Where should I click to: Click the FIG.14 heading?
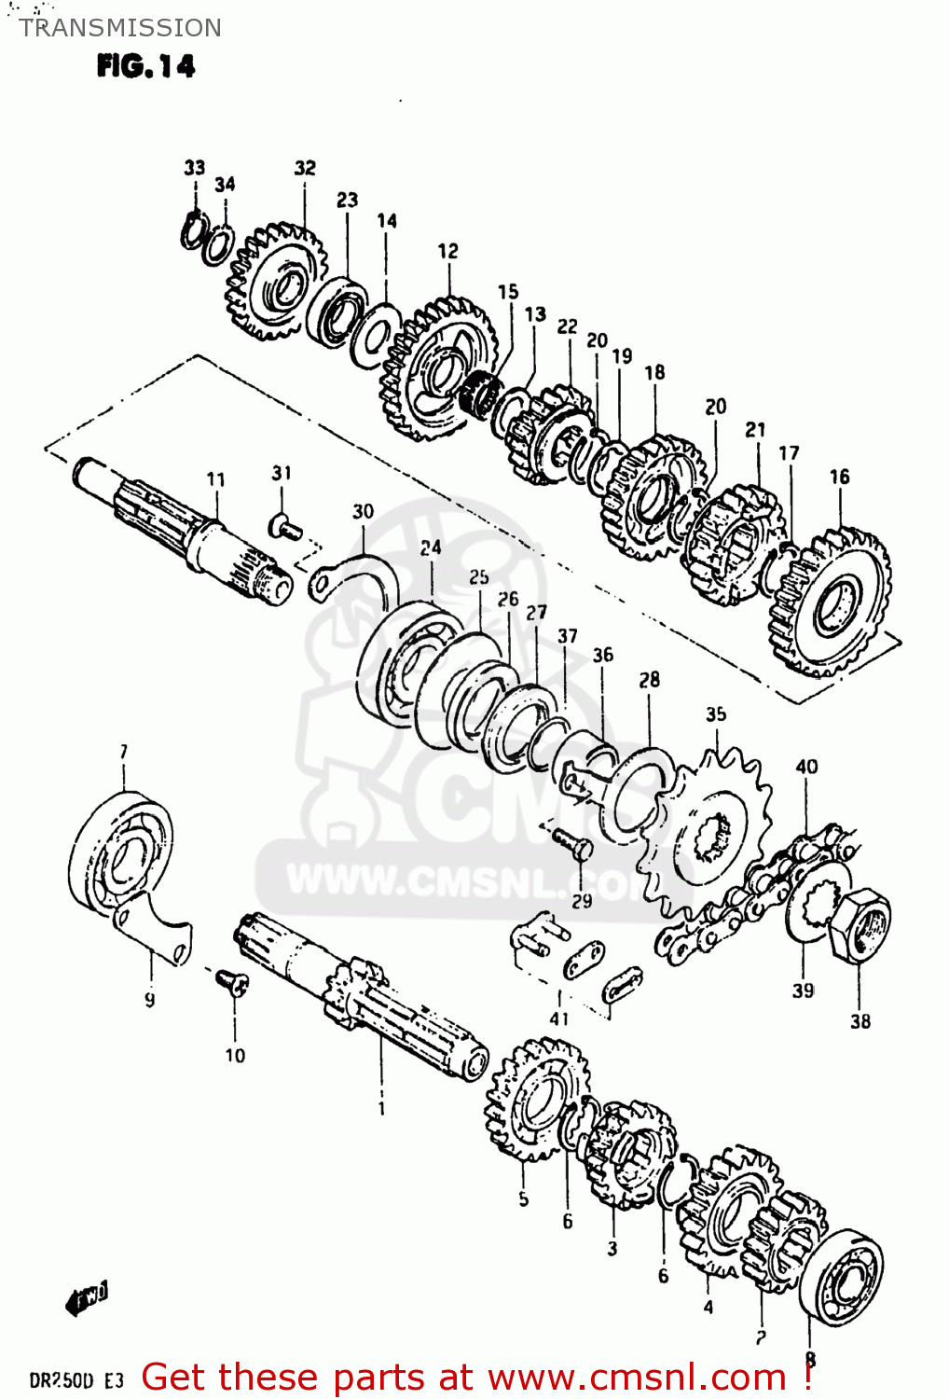point(145,66)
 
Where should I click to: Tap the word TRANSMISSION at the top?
point(120,28)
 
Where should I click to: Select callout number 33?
point(194,168)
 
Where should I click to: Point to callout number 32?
point(305,168)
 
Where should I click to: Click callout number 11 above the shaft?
point(215,479)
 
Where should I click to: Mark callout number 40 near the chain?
point(806,767)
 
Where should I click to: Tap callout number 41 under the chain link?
point(558,1018)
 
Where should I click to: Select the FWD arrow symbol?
point(87,1297)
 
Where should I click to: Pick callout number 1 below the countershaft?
point(381,1108)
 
